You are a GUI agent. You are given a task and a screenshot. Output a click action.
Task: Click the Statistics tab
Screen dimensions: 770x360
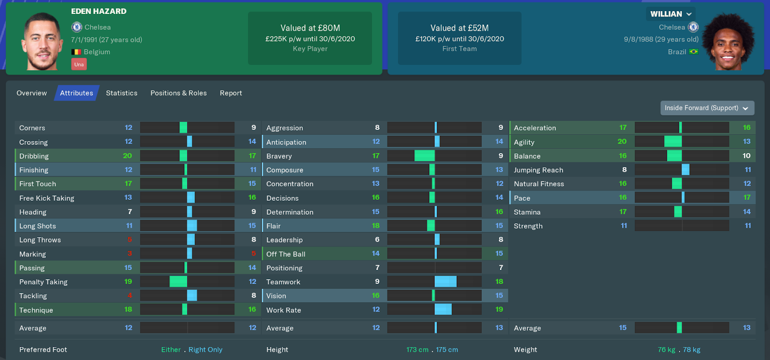coord(121,93)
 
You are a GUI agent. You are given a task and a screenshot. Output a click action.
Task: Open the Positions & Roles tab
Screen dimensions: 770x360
coord(179,93)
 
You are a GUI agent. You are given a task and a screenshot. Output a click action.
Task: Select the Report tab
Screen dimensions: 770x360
coord(231,93)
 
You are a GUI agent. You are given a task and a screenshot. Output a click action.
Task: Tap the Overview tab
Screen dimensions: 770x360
coord(32,93)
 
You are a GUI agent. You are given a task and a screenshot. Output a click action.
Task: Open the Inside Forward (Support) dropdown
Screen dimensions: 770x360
coord(707,108)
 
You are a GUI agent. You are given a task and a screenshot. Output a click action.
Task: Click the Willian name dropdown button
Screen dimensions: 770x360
coord(671,14)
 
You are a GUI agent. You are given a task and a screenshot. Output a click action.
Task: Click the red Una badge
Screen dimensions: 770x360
coord(79,64)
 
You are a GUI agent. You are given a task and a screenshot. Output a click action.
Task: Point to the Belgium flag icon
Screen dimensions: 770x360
coord(76,52)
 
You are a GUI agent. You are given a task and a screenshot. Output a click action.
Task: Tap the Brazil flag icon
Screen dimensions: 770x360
coord(693,51)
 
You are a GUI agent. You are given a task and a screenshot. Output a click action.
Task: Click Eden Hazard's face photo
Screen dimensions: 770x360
coord(42,41)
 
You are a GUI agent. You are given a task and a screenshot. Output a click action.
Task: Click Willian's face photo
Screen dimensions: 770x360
coord(728,42)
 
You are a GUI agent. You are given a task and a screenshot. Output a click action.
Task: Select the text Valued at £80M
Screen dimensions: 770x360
coord(310,28)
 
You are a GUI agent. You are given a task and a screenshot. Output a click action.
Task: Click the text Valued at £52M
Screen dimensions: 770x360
coord(460,28)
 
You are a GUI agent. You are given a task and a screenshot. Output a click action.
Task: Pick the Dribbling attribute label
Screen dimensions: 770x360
coord(34,156)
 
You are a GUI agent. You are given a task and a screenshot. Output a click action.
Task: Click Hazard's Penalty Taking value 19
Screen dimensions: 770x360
coord(128,282)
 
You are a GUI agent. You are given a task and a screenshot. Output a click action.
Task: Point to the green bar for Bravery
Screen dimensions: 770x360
coord(424,156)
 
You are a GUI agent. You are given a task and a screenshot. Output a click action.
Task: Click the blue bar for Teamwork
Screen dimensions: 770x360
coord(446,282)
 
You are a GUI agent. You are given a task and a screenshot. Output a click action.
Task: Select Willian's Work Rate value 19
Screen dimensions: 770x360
coord(499,309)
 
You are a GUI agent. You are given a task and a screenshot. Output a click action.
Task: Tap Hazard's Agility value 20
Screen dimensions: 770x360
coord(622,141)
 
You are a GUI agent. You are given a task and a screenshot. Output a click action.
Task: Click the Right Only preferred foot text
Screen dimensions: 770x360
coord(205,349)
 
